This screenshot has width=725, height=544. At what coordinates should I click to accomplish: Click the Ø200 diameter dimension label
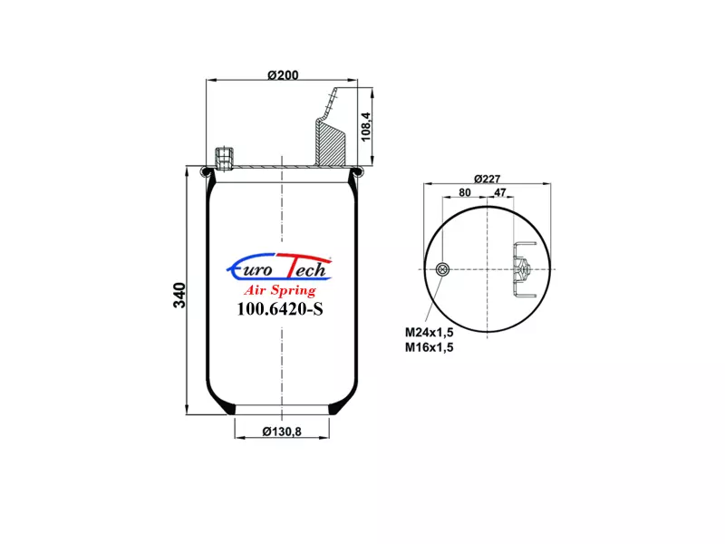tap(283, 74)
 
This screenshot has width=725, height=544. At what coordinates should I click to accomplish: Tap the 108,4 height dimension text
tap(366, 127)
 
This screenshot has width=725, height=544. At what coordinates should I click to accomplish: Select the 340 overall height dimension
tap(179, 296)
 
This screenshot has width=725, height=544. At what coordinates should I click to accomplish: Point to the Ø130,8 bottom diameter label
tap(282, 432)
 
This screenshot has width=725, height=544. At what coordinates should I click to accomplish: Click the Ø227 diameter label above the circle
tap(488, 179)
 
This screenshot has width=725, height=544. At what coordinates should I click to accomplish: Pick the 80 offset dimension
tap(465, 192)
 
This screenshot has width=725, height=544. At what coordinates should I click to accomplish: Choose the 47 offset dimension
tap(500, 192)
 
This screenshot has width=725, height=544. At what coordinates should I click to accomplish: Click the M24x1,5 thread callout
tap(429, 332)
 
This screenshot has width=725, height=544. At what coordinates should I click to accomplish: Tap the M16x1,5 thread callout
tap(429, 347)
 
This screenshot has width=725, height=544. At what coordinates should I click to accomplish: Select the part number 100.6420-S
tap(280, 308)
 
